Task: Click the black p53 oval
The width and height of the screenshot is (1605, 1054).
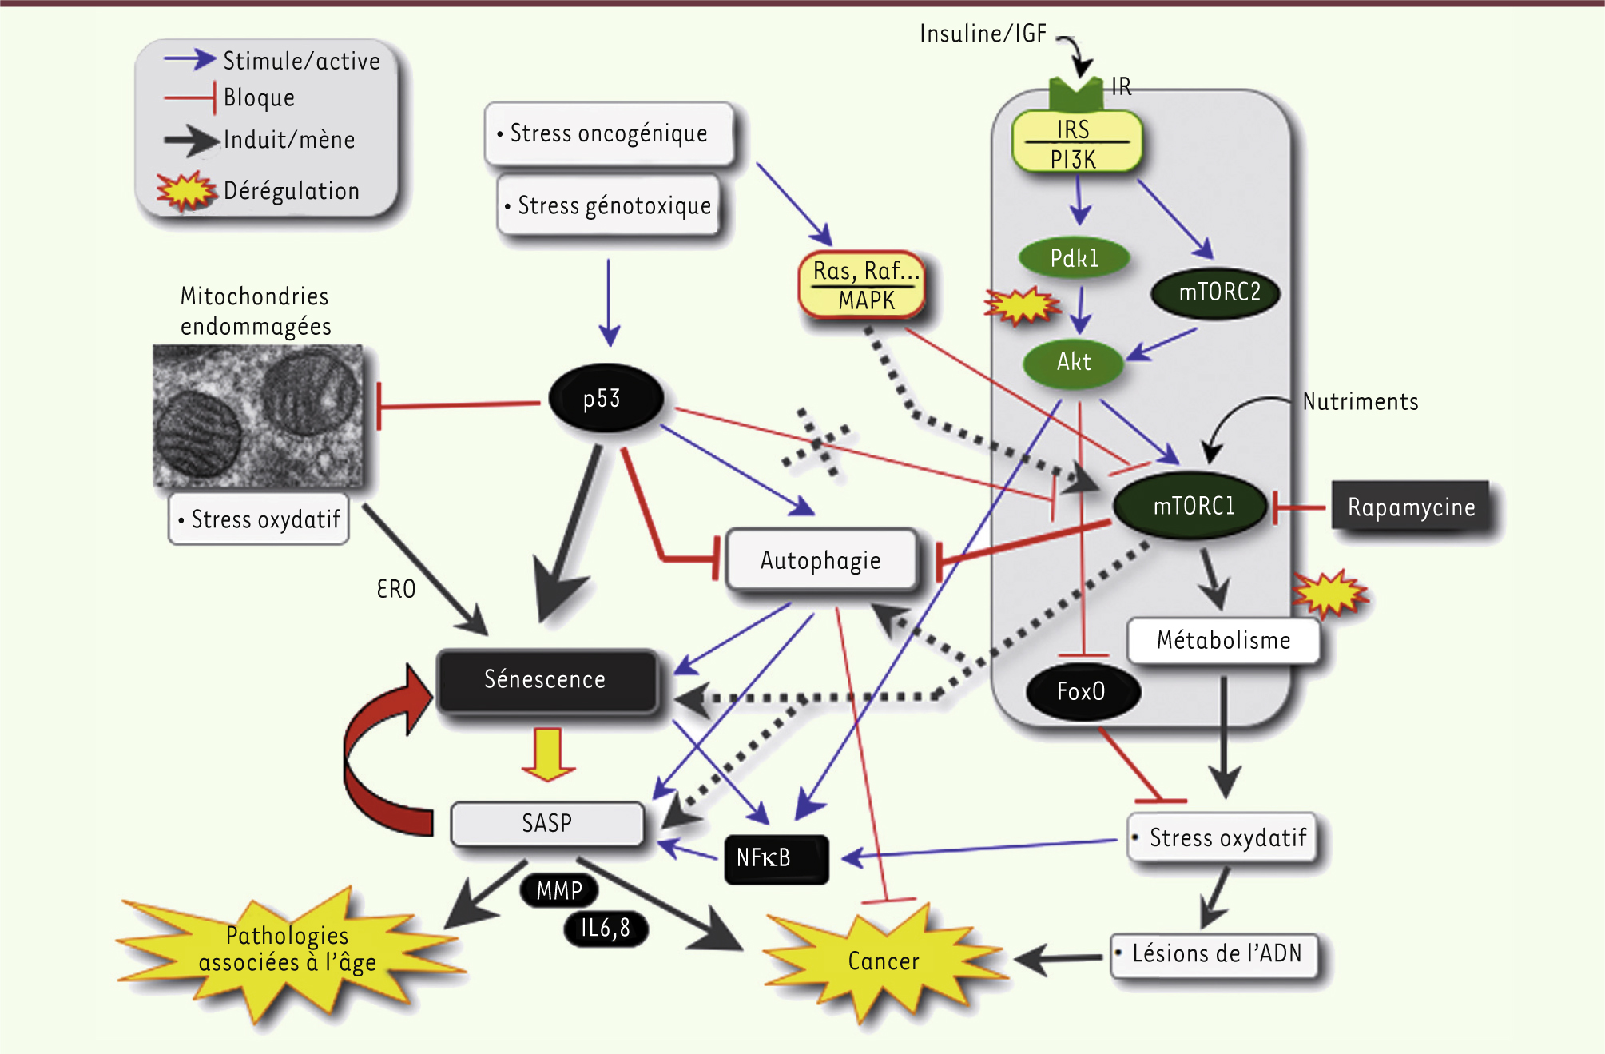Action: pyautogui.click(x=606, y=398)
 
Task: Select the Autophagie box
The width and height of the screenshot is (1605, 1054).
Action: pyautogui.click(x=820, y=560)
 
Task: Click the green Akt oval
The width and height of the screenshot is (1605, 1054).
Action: pyautogui.click(x=1073, y=362)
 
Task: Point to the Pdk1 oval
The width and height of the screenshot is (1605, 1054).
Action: pyautogui.click(x=1074, y=258)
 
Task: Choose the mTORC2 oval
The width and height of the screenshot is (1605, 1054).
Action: pyautogui.click(x=1217, y=292)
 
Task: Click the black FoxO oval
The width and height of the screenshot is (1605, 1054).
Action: pyautogui.click(x=1082, y=691)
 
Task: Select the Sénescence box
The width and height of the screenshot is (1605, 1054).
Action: pyautogui.click(x=546, y=680)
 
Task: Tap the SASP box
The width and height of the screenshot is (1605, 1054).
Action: pyautogui.click(x=547, y=824)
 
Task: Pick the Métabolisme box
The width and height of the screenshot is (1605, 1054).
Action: pyautogui.click(x=1223, y=641)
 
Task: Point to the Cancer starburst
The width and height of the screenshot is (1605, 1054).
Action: pyautogui.click(x=883, y=961)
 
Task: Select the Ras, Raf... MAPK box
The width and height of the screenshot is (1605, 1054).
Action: pyautogui.click(x=863, y=285)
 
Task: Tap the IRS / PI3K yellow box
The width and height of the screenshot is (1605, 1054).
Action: pyautogui.click(x=1075, y=143)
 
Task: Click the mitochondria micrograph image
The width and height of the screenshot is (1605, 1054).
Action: pyautogui.click(x=258, y=416)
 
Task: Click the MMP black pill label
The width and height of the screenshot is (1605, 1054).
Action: pyautogui.click(x=558, y=890)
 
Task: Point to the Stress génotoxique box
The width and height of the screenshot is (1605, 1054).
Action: pyautogui.click(x=609, y=206)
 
